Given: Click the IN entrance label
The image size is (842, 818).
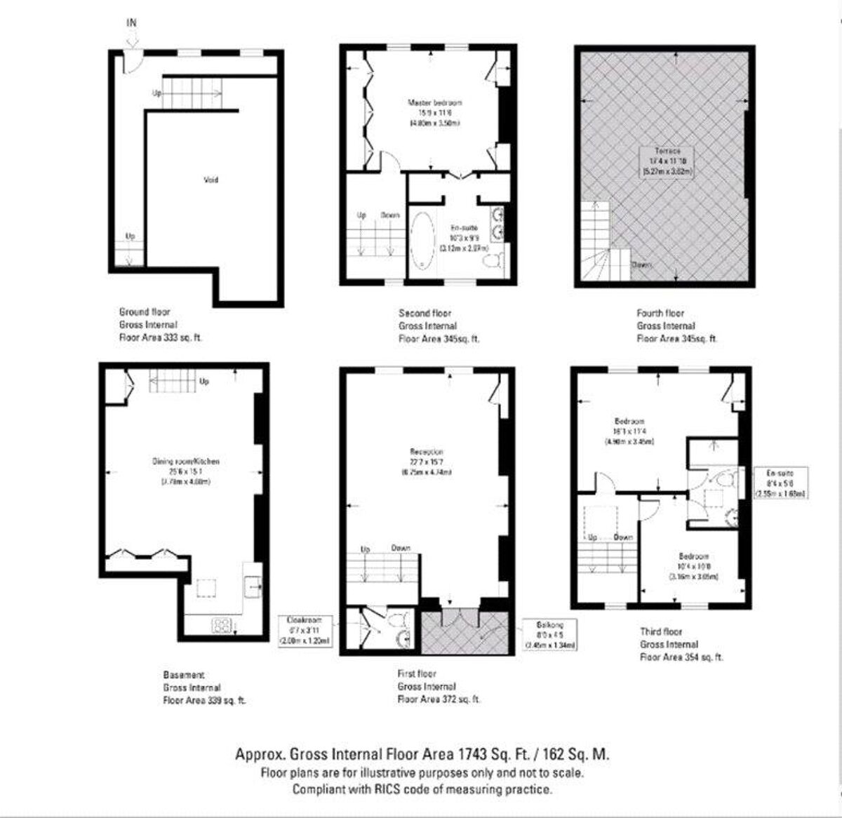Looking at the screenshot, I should (131, 22).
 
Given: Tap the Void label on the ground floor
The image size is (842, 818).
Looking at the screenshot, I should (210, 180).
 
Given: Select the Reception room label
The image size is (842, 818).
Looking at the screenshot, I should (427, 452).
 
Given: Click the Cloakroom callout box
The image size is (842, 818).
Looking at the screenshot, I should (305, 631).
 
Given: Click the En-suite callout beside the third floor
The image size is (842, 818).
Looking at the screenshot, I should (780, 483).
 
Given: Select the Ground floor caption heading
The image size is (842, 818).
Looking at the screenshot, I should (145, 311).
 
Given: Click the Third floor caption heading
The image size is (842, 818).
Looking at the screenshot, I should (660, 631).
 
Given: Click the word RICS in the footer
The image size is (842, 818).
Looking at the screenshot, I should (382, 789).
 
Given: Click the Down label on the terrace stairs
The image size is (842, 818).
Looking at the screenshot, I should (641, 265).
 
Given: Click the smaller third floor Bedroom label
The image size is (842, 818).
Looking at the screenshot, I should (693, 556).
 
